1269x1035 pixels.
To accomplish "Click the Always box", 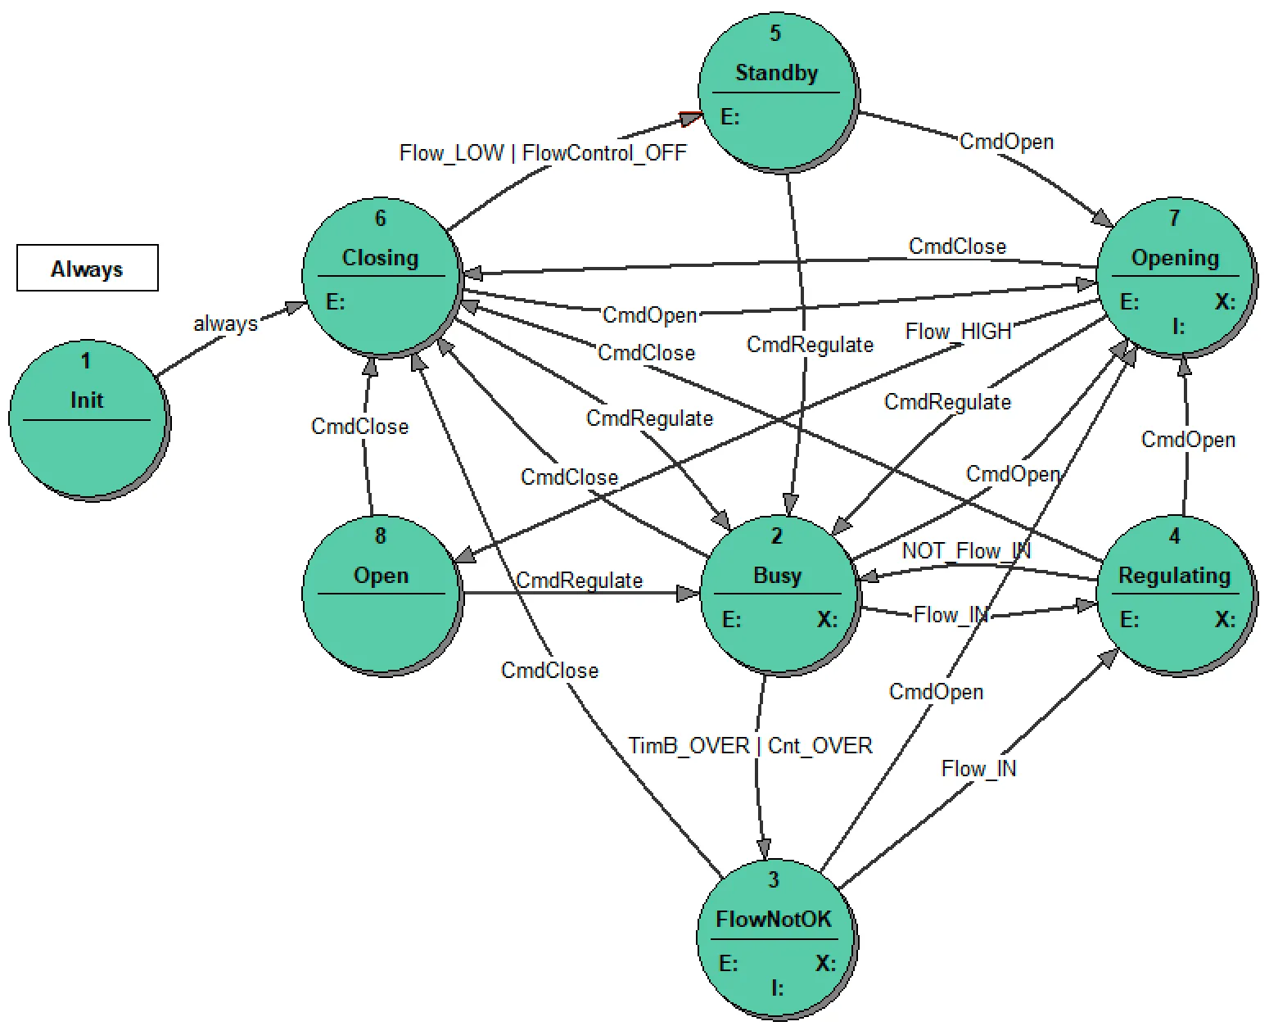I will [87, 268].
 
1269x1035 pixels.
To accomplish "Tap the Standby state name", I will [776, 73].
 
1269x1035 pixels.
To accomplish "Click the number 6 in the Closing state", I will [380, 218].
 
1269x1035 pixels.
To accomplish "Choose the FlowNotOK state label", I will [774, 919].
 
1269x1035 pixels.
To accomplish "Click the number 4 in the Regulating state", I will [1174, 536].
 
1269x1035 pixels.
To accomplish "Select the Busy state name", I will [776, 575].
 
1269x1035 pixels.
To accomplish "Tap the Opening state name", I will [1174, 258].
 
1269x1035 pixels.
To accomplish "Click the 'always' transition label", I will [225, 323].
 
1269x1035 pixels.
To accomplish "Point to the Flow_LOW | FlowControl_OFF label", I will [542, 153].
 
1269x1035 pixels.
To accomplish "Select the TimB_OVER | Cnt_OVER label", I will [750, 745].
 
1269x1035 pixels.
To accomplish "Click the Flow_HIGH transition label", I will [958, 332].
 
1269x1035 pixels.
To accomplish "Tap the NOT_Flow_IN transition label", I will [965, 550].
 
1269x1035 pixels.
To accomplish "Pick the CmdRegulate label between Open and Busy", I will [579, 581].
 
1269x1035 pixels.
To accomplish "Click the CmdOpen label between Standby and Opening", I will [1005, 142].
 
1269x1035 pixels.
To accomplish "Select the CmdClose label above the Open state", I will [359, 426].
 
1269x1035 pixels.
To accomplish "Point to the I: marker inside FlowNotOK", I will [777, 988].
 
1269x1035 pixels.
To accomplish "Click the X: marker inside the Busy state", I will [827, 619].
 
